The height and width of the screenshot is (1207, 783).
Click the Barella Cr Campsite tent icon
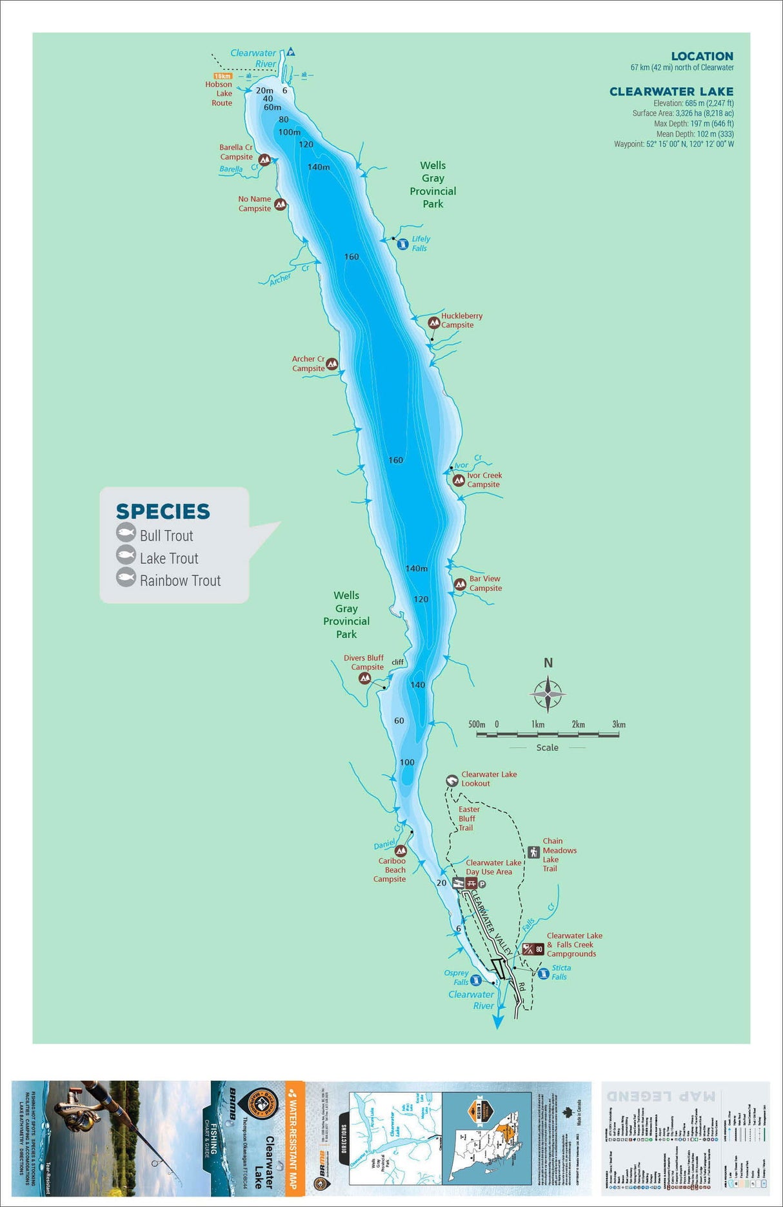coord(264,159)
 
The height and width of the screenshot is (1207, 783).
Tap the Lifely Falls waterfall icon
coord(402,244)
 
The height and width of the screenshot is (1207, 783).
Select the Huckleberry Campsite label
coord(461,321)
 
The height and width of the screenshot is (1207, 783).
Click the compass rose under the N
coord(548,694)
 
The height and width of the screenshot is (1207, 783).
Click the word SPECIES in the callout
coord(163,512)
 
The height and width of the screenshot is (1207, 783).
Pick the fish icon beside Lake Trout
coord(126,555)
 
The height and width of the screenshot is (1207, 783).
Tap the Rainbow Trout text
coord(180,581)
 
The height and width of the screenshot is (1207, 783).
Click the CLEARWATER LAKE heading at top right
coord(671,92)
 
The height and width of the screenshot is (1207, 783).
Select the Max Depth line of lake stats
coord(693,124)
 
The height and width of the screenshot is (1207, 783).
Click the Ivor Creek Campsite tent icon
coord(459,480)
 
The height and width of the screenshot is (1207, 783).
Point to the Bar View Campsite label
coord(485,583)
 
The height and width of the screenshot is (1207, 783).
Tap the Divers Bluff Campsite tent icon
coord(364,678)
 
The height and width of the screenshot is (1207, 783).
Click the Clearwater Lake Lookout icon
coord(452,781)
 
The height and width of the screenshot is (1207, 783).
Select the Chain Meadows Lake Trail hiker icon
coord(533,852)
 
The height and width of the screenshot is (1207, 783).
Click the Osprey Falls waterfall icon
coord(475,980)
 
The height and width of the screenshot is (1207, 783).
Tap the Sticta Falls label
coord(560,972)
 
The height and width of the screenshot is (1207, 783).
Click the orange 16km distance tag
coord(223,76)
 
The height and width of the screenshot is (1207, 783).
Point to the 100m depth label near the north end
coord(289,132)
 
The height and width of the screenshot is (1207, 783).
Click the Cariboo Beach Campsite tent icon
coord(401,851)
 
